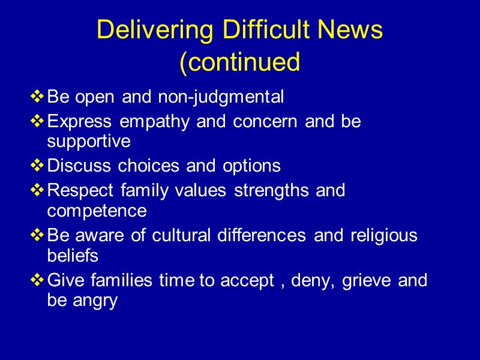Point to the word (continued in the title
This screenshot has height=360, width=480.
(x=240, y=62)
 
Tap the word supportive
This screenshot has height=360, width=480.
(x=89, y=142)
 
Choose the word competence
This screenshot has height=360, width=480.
(x=97, y=211)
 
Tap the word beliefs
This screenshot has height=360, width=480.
(x=72, y=256)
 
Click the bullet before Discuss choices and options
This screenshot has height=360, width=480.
(x=37, y=166)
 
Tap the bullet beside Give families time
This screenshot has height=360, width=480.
(x=37, y=280)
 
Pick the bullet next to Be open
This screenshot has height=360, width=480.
(x=37, y=96)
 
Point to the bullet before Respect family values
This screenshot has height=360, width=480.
(x=37, y=190)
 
